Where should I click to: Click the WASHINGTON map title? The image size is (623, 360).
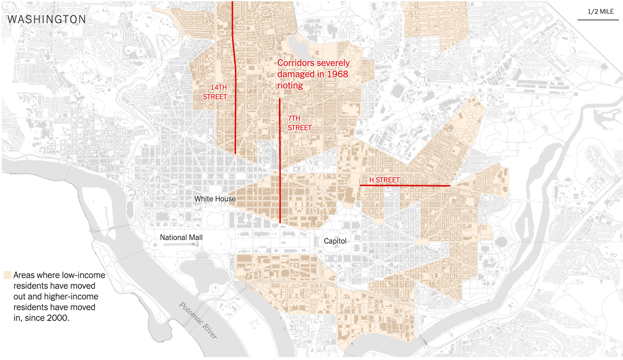pos(47,19)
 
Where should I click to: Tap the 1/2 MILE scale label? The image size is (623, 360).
pos(599,11)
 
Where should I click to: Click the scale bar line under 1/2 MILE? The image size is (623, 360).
pos(598,20)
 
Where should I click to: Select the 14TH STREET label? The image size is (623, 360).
pos(215,92)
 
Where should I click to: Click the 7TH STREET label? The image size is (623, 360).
pos(300,123)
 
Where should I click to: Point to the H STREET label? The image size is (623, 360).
pos(384,180)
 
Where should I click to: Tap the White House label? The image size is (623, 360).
pos(215,199)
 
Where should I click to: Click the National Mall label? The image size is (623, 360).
pos(181,237)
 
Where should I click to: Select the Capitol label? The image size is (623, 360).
pos(335,241)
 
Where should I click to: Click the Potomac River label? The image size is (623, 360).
pos(197,321)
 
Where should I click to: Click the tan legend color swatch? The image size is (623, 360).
pos(8,275)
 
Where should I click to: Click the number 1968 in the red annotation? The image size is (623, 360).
pos(334,74)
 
